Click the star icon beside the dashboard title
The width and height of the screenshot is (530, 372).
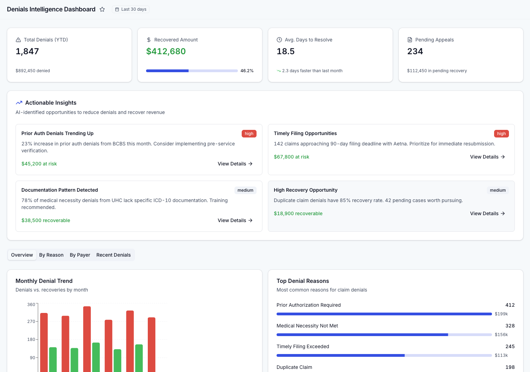[102, 9]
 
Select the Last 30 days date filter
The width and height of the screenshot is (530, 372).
[131, 9]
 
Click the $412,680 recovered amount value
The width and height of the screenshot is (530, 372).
[166, 51]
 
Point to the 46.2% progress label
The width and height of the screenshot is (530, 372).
[247, 71]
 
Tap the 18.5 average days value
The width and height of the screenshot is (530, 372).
[286, 51]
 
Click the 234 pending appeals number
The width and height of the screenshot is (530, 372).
[415, 51]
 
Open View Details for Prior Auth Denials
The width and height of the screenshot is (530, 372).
[235, 164]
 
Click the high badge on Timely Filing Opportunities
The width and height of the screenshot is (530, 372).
[501, 134]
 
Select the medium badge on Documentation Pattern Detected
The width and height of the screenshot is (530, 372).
[245, 190]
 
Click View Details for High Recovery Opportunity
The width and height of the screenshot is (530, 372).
[487, 213]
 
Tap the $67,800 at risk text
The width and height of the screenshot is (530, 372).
[291, 157]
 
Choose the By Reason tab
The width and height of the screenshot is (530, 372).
[51, 255]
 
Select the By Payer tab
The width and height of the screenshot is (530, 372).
[80, 255]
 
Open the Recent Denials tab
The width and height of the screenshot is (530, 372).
[113, 255]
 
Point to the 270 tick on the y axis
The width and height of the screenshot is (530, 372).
[31, 322]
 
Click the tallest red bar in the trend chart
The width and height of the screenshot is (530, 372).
[87, 338]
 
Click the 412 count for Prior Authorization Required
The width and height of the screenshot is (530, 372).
[510, 305]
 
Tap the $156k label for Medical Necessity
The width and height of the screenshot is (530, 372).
[501, 335]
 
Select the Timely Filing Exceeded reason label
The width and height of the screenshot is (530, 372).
[303, 346]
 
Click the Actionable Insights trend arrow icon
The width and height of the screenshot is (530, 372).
[19, 103]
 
